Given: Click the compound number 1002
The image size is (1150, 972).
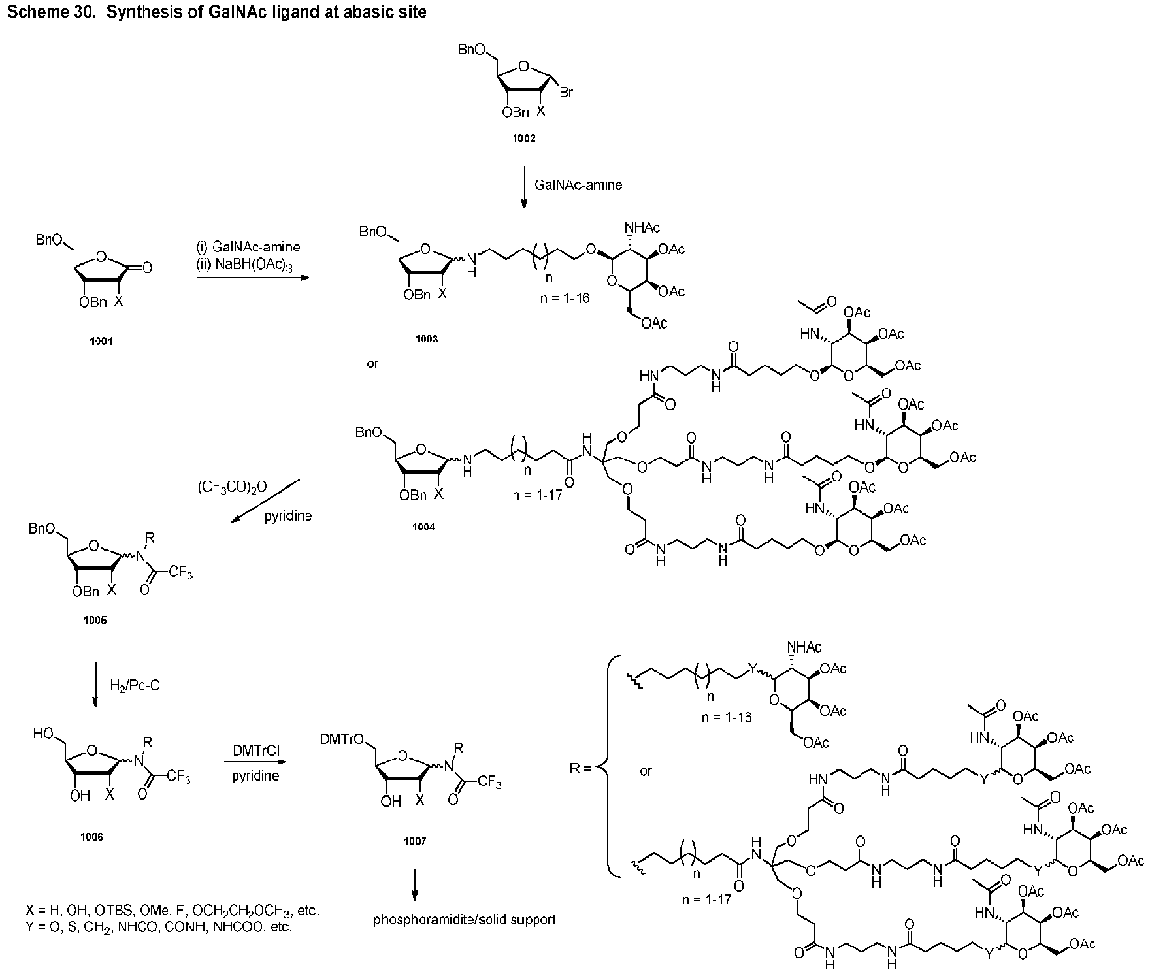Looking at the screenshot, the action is tap(525, 138).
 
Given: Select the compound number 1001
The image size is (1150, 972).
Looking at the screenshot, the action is tap(102, 341).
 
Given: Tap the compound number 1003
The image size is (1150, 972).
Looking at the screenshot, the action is tap(426, 339).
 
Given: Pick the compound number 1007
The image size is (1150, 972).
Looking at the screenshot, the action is tap(415, 842).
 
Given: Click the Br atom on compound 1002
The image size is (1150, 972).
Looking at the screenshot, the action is tap(566, 93).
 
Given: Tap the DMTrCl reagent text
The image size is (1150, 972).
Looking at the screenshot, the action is tap(256, 752).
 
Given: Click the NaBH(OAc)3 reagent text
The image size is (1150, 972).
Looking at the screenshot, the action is tap(248, 266).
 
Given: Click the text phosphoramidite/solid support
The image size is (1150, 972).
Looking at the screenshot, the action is tap(465, 920).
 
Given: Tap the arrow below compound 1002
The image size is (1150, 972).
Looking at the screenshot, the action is tap(524, 187).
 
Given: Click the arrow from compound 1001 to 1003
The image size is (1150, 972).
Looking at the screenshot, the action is tap(252, 278).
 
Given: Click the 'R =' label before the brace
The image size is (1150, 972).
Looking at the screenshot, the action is tap(580, 768).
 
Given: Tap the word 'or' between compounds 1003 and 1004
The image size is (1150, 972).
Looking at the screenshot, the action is tap(372, 363).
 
